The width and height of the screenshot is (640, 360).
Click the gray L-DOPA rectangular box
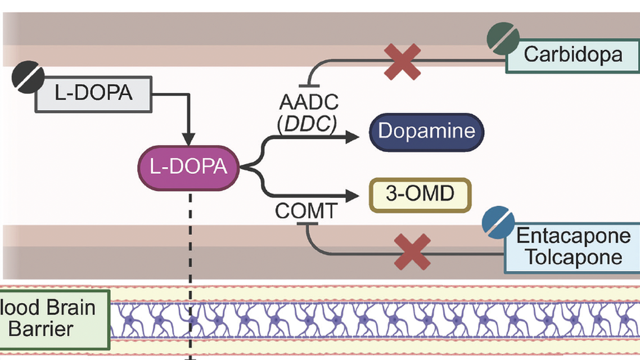point(93,93)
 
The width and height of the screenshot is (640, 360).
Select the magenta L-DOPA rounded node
point(189,167)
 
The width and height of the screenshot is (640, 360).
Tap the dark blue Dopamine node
point(426,132)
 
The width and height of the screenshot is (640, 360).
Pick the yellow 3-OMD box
point(420,195)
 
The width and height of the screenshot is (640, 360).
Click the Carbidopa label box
point(573,55)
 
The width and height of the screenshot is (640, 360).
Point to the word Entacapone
point(573,235)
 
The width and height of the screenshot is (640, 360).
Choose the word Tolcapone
point(573,257)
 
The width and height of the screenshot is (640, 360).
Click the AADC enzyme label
point(309,102)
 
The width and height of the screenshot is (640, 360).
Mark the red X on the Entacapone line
point(412,253)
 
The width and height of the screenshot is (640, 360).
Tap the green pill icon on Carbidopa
point(503,39)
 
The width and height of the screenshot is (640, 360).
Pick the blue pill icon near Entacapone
point(498,223)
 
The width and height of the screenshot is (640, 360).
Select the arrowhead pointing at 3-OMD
point(353,195)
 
